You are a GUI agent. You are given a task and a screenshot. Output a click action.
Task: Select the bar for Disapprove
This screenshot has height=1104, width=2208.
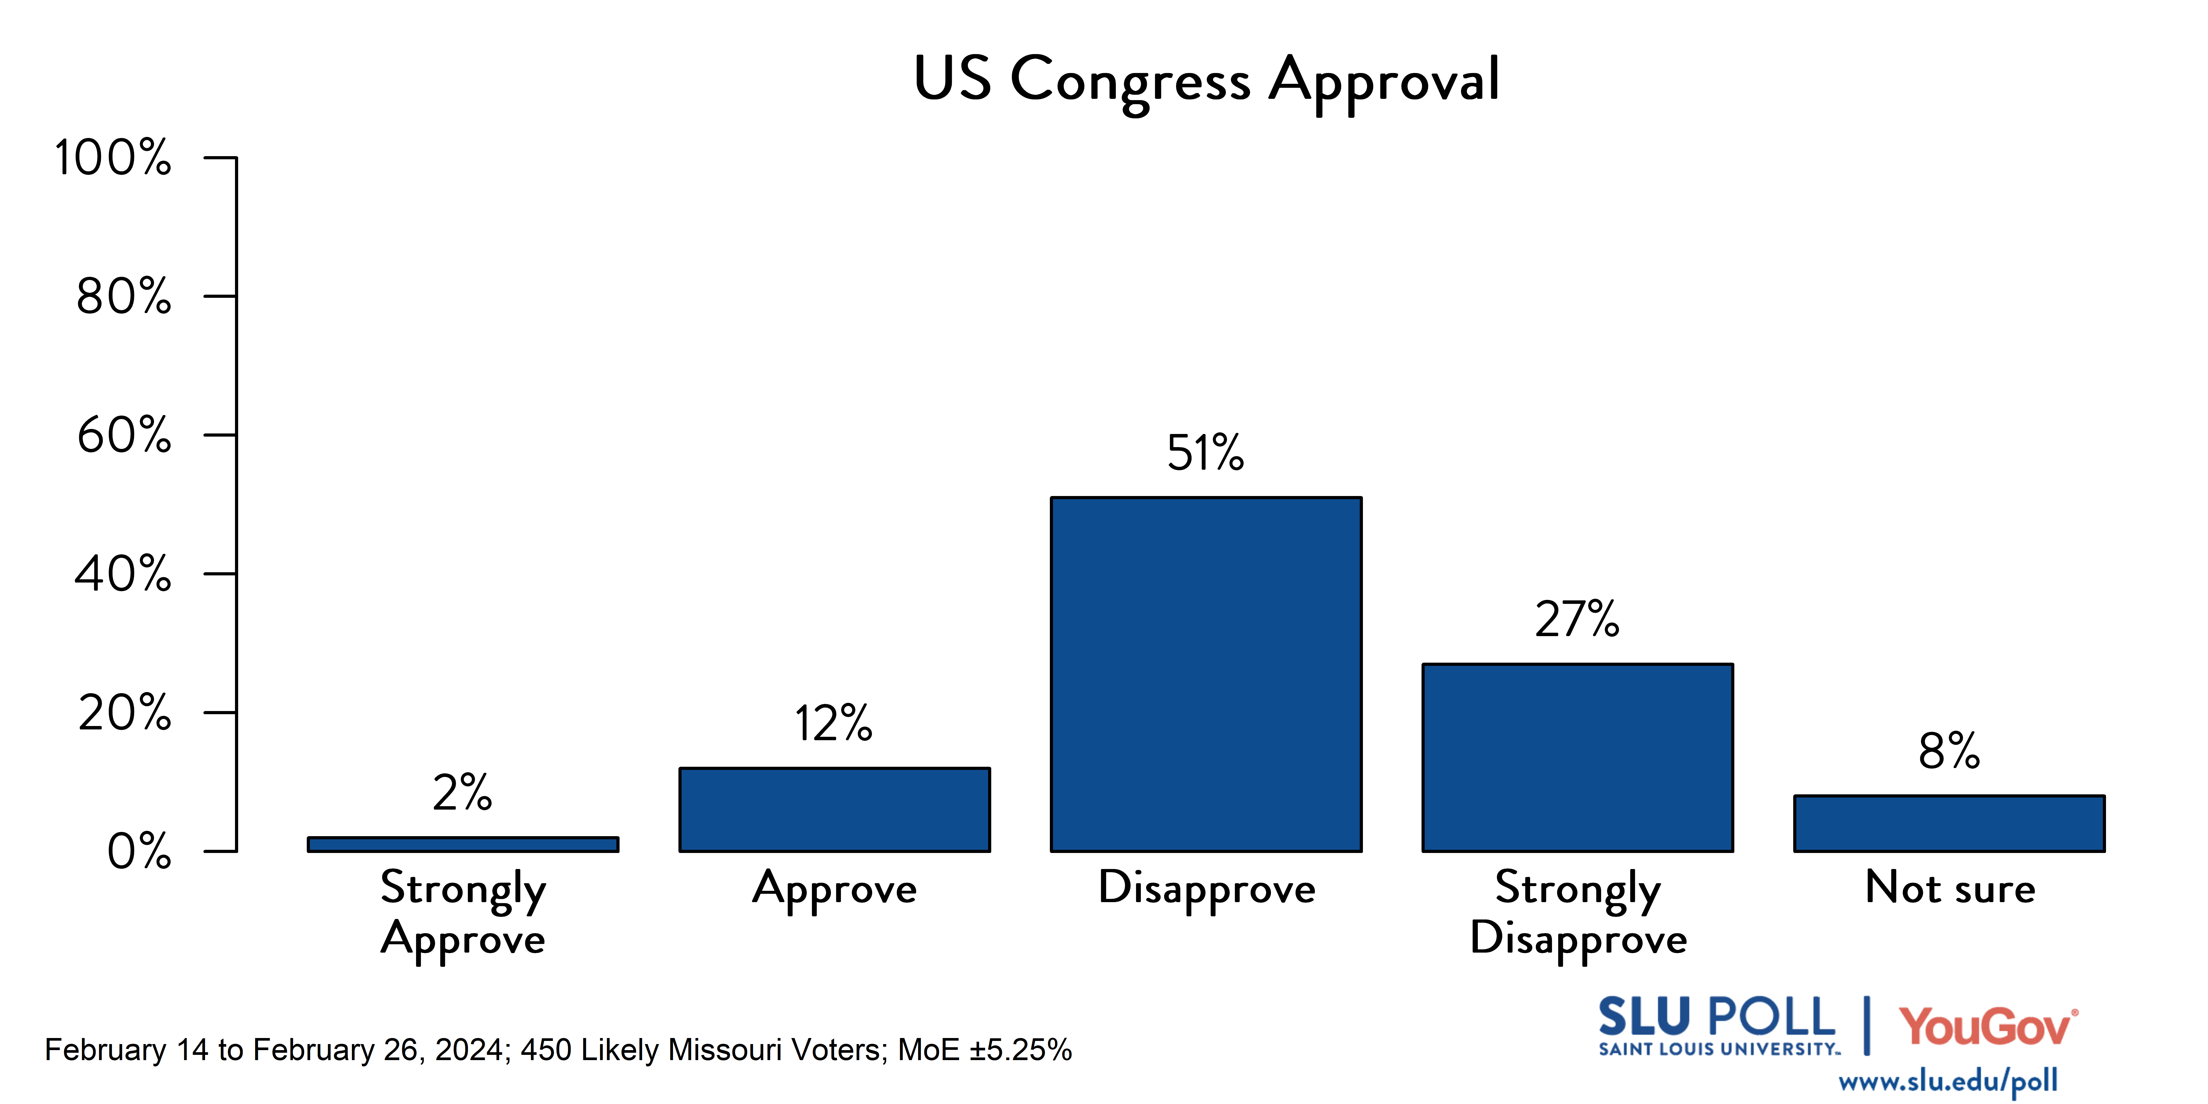point(1206,674)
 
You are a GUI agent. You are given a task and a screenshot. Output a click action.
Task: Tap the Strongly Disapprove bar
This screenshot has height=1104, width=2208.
point(1577,758)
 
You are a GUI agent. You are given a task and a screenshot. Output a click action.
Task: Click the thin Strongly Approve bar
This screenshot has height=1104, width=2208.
point(463,844)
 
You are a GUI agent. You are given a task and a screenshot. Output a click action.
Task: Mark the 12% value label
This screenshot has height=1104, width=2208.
point(833,723)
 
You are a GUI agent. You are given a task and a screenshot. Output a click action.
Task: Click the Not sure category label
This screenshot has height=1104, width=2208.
point(1949,888)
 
